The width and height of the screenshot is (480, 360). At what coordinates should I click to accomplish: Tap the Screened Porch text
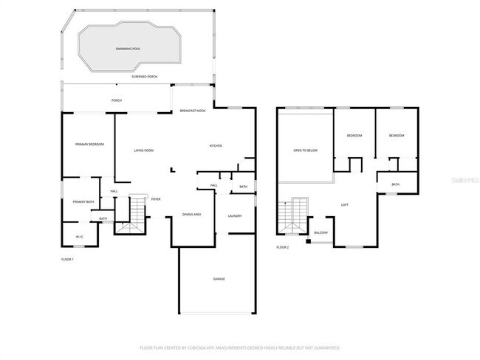coord(144,77)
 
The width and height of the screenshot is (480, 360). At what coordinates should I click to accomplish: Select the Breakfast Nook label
coord(193,111)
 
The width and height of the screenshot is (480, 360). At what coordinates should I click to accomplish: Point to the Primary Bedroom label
coord(89,145)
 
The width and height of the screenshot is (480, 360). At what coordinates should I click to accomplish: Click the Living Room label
coord(143,150)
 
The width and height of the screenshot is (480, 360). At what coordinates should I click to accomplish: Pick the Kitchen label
coord(216,146)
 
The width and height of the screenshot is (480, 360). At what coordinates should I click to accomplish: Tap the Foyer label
coord(156,199)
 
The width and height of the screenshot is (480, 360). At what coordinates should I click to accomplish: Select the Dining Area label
coord(192,214)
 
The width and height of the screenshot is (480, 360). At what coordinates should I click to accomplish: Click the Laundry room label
coord(235,215)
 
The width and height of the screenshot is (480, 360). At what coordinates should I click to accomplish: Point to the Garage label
coord(219,279)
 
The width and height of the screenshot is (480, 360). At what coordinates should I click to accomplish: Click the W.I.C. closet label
coord(80,237)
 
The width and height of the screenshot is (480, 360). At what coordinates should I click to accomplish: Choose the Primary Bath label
coord(83,201)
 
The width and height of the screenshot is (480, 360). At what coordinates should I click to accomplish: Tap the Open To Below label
coord(305,150)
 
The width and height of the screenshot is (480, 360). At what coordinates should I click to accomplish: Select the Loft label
coord(344,204)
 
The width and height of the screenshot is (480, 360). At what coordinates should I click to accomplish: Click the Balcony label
coord(320,233)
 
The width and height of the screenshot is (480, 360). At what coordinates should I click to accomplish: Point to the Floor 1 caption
coord(67,260)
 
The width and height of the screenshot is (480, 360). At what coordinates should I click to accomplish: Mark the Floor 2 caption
coord(283,247)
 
